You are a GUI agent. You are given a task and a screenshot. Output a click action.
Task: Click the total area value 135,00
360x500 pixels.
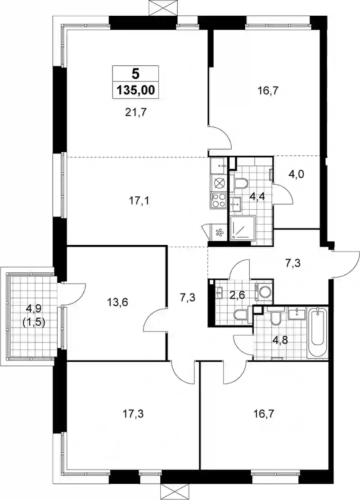(135, 90)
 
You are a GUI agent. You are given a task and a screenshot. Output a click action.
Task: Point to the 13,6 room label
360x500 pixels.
(118, 302)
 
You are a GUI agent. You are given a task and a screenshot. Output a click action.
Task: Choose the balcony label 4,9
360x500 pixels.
(34, 308)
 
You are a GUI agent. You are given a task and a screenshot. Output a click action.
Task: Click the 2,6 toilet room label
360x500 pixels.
(237, 295)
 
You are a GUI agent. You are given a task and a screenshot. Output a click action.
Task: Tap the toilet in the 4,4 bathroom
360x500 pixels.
(240, 184)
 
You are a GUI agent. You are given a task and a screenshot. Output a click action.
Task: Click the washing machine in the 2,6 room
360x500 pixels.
(264, 291)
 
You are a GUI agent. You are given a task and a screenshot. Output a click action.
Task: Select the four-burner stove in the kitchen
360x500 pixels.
(218, 201)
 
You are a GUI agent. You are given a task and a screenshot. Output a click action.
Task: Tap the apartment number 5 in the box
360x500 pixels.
(135, 74)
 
